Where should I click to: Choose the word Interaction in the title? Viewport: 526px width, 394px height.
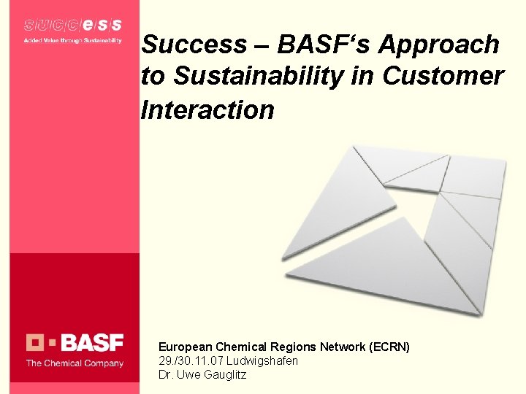207,109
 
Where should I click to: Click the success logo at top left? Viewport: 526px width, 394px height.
72,26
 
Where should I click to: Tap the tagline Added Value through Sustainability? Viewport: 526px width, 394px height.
72,40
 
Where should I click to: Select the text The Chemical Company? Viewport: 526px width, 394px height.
75,363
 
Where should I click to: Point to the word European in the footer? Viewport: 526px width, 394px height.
186,347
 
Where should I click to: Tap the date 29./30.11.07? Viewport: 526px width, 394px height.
191,360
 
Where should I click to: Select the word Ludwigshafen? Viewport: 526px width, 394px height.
262,360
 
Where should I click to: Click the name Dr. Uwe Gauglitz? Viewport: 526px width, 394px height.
202,374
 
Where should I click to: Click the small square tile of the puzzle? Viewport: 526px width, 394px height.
473,175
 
